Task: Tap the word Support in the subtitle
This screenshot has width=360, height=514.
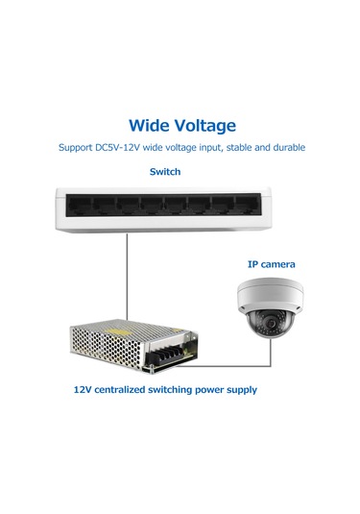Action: (x=78, y=149)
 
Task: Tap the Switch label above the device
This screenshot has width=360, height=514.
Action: (x=164, y=172)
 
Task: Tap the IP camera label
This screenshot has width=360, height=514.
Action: (x=272, y=264)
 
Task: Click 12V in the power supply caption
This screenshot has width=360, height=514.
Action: (x=83, y=392)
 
